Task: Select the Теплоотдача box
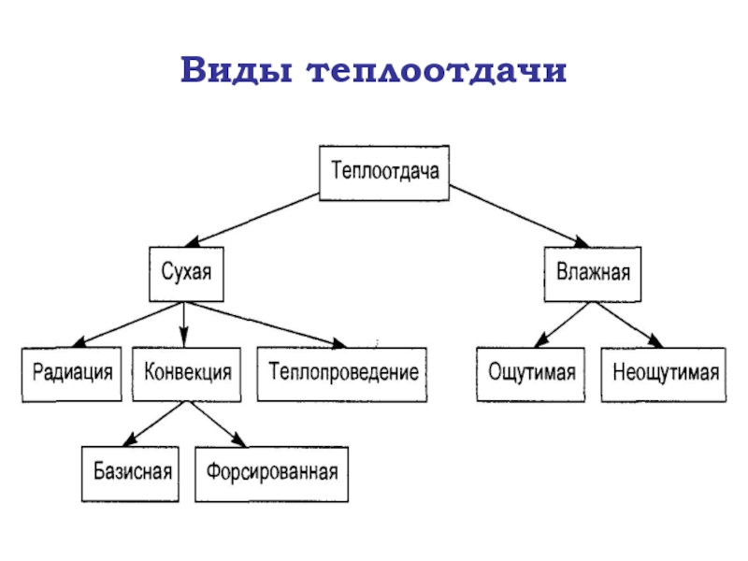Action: coord(384,173)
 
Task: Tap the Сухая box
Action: coord(188,274)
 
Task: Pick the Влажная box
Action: coord(594,274)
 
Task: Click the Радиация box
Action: coord(72,373)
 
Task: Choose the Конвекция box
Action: coord(188,373)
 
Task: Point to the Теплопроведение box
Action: coord(342,373)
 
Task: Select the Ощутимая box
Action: coord(532,374)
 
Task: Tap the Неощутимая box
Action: coord(665,374)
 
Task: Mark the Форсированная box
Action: coord(272,473)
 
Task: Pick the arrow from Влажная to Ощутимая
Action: coord(562,324)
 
